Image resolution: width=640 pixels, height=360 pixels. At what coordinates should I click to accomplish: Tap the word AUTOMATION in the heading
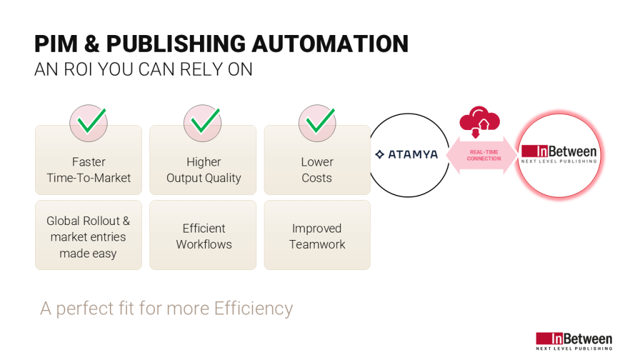tap(329, 44)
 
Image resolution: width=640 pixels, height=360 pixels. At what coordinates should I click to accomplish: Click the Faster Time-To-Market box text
tap(89, 169)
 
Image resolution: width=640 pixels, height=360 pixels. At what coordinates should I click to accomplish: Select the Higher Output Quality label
tap(204, 169)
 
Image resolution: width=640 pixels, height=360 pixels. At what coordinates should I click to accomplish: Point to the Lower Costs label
tap(317, 169)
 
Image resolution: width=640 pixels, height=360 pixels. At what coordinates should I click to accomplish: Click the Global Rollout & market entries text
tap(88, 237)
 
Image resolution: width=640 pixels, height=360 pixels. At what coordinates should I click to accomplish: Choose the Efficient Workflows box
tap(204, 236)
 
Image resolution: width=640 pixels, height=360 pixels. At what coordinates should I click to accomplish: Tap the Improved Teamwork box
tap(317, 236)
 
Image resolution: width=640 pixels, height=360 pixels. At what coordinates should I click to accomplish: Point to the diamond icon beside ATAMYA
tap(379, 154)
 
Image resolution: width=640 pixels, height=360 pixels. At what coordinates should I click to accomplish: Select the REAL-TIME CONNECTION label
tap(484, 155)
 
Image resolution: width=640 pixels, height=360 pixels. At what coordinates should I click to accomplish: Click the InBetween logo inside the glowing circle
tap(559, 154)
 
